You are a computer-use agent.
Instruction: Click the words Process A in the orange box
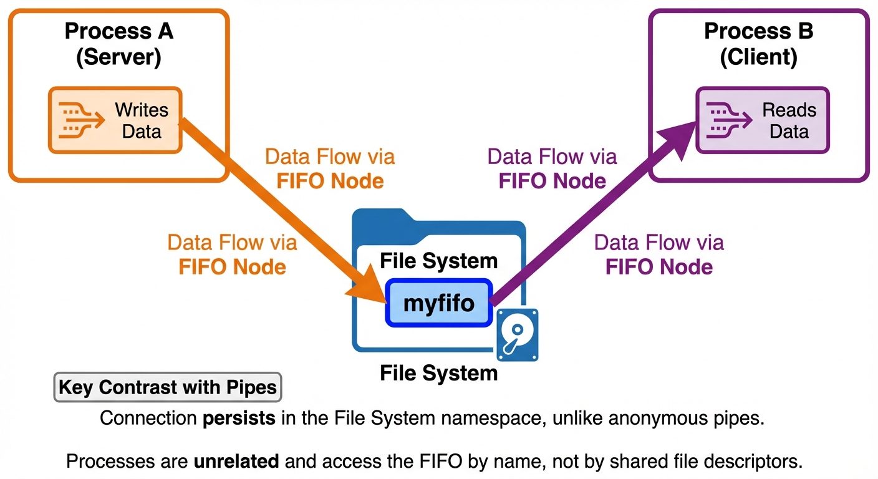click(119, 31)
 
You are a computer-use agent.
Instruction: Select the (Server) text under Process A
click(119, 57)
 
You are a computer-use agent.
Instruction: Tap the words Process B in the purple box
click(758, 31)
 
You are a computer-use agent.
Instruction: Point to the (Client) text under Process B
click(758, 57)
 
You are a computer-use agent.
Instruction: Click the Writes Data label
click(142, 121)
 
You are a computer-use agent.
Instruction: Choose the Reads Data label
click(789, 121)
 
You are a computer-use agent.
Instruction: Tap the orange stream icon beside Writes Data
click(80, 120)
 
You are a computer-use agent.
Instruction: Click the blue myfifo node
click(438, 303)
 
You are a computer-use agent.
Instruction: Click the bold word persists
click(239, 418)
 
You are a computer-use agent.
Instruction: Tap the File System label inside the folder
click(438, 261)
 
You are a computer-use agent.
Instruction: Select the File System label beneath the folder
click(438, 374)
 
